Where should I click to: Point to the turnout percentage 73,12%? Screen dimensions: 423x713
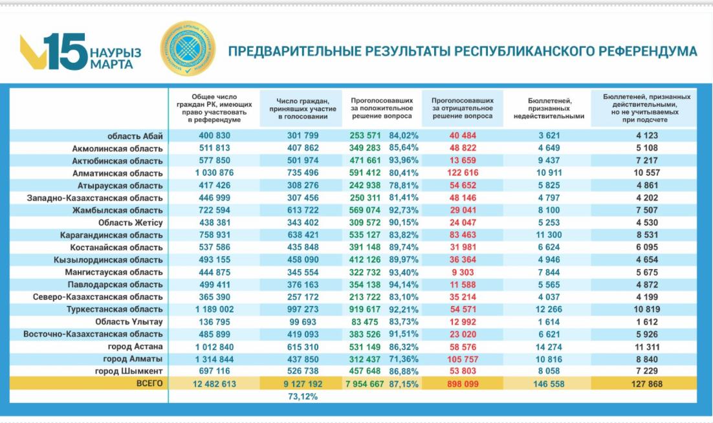pyautogui.click(x=302, y=396)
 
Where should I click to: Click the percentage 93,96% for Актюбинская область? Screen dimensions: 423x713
pyautogui.click(x=404, y=160)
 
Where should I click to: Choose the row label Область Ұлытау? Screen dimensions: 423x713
pyautogui.click(x=129, y=321)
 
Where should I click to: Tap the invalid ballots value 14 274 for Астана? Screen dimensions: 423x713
pyautogui.click(x=548, y=346)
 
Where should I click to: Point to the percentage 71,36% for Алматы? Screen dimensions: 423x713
pyautogui.click(x=404, y=358)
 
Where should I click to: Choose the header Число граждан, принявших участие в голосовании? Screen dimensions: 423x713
pyautogui.click(x=302, y=108)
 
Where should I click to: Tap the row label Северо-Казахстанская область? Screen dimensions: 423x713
pyautogui.click(x=98, y=297)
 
